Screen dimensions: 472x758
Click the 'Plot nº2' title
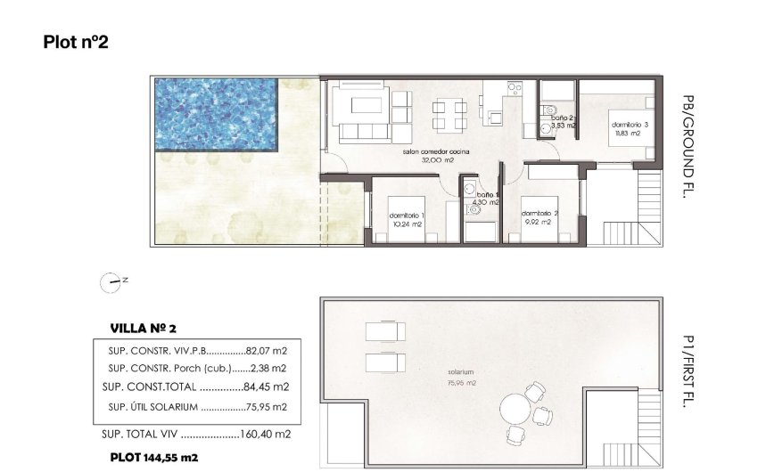pos(76,42)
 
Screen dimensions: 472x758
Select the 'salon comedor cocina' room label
pos(435,152)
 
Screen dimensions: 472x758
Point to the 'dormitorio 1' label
pos(407,216)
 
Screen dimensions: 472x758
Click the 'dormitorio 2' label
pos(540,213)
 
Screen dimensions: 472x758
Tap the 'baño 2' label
pos(563,118)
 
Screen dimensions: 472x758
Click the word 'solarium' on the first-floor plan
pos(460,372)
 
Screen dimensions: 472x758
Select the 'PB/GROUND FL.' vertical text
pos(686,146)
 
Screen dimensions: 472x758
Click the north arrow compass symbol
pos(110,282)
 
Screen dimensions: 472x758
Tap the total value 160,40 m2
pos(266,435)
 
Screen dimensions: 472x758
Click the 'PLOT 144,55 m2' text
pos(153,457)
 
